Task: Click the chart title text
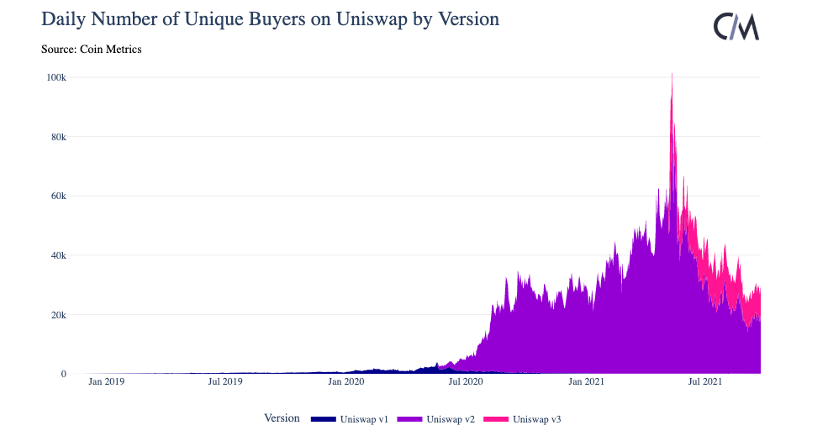click(x=270, y=18)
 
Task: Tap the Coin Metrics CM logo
click(x=736, y=27)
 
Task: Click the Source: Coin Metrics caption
click(x=91, y=50)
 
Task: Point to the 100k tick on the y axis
click(x=56, y=77)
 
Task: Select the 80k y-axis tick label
click(x=58, y=137)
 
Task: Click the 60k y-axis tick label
click(x=58, y=196)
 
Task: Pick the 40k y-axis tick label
click(x=58, y=255)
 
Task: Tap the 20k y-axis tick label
click(x=58, y=315)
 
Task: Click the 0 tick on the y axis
click(x=64, y=374)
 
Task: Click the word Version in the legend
click(x=282, y=418)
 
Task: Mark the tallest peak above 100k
click(x=672, y=75)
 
